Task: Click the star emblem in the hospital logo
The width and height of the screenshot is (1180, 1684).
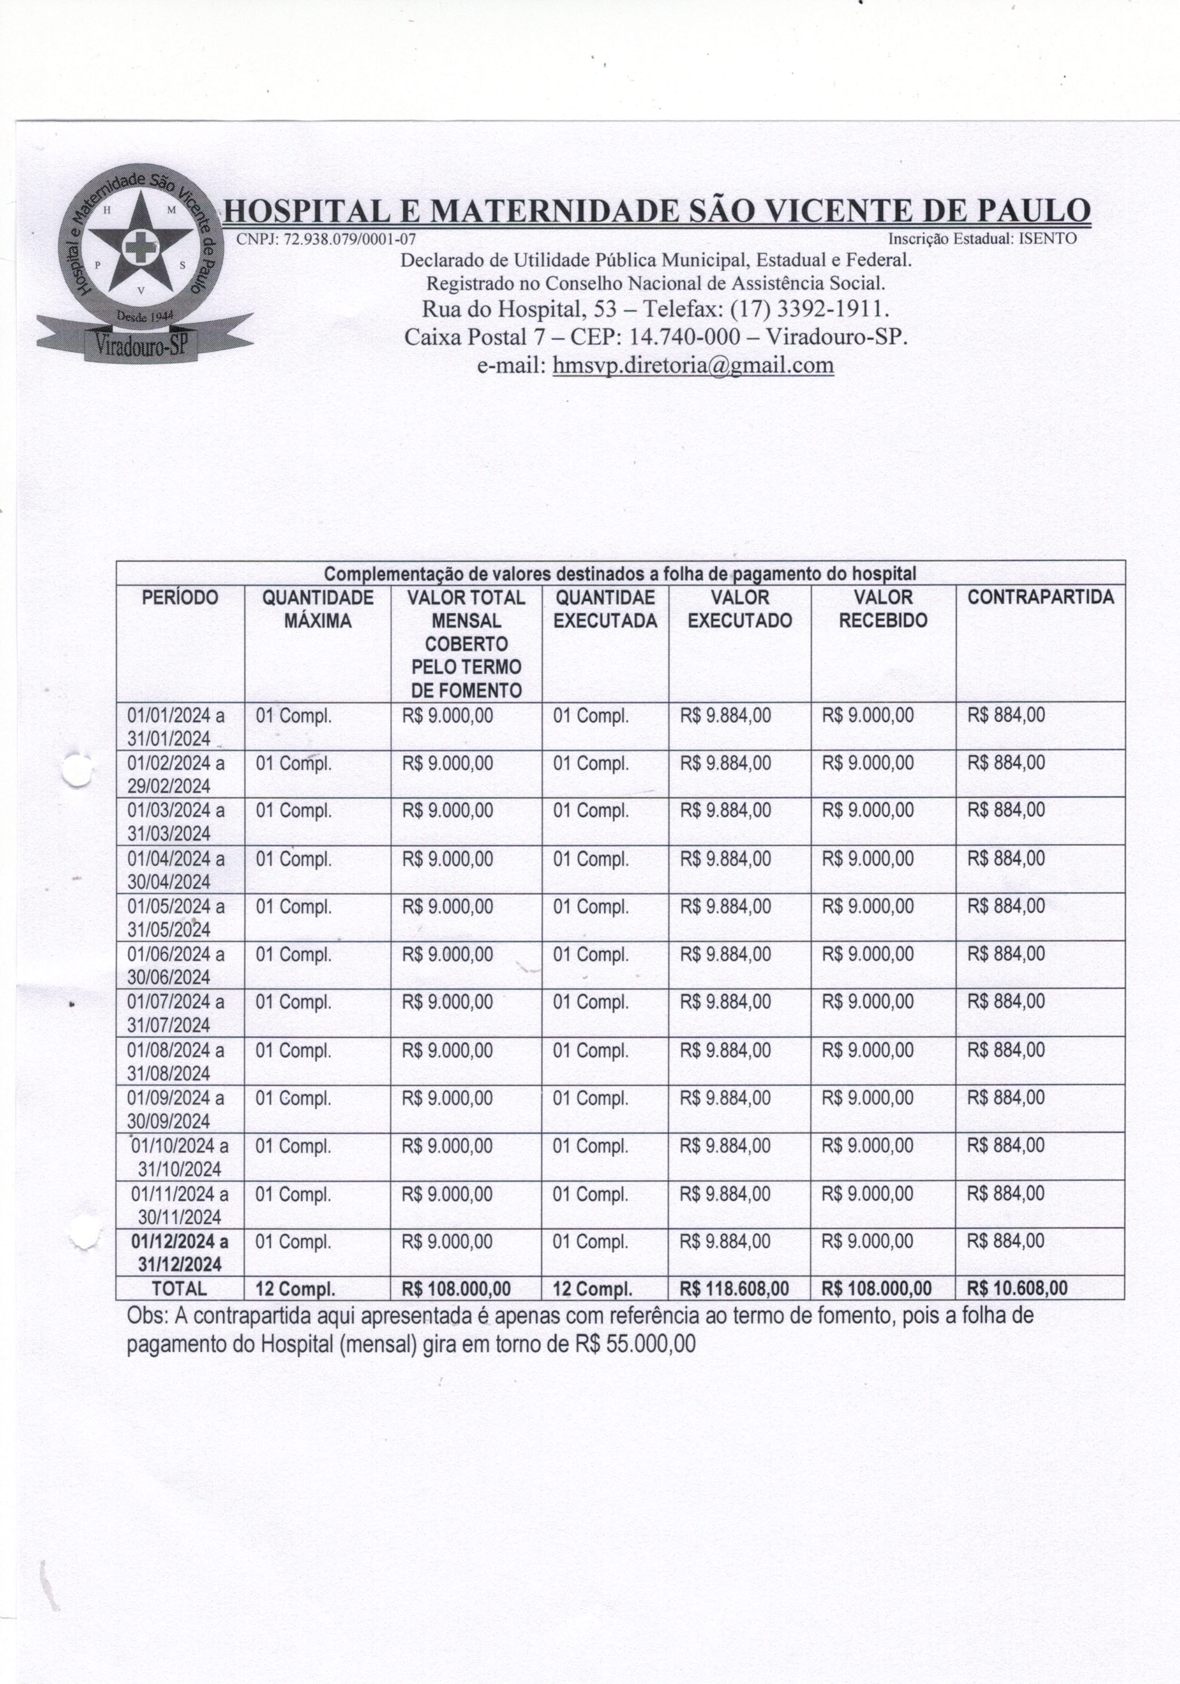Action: pyautogui.click(x=138, y=245)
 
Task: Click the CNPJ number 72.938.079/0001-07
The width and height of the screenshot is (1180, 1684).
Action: pyautogui.click(x=326, y=239)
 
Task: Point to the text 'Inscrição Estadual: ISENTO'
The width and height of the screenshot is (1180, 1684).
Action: pyautogui.click(x=982, y=239)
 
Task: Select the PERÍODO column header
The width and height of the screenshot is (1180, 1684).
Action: pyautogui.click(x=180, y=598)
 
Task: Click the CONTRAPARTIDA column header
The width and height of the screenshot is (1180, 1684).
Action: pyautogui.click(x=1040, y=597)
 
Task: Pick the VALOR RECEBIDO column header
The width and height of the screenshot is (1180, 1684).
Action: pyautogui.click(x=883, y=609)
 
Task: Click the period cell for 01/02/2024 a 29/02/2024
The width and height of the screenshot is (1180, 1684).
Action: pyautogui.click(x=176, y=774)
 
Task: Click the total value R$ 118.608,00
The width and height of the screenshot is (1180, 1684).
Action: pyautogui.click(x=734, y=1289)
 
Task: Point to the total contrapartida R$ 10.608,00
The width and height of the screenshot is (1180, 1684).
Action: pyautogui.click(x=1017, y=1288)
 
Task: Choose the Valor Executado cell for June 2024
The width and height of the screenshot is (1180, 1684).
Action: pyautogui.click(x=725, y=954)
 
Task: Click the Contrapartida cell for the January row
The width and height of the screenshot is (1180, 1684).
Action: pyautogui.click(x=1006, y=715)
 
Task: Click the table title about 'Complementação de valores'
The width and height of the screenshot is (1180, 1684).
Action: pyautogui.click(x=620, y=573)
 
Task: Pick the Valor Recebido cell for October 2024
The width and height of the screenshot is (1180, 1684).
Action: pyautogui.click(x=867, y=1146)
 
